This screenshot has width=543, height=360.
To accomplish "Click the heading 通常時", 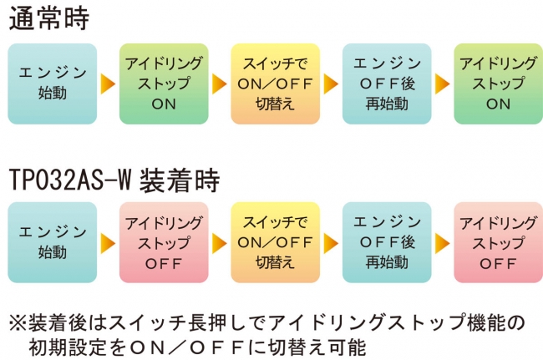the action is (x=49, y=18).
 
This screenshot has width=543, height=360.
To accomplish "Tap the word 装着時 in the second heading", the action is (x=180, y=180).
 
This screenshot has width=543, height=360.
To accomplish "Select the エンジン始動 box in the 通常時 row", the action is (x=53, y=84).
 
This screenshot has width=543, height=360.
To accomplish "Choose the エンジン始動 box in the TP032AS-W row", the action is (x=53, y=242).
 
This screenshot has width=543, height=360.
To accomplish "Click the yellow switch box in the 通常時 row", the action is (x=276, y=84).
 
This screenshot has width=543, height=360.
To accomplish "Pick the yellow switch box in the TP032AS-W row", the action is (x=276, y=242).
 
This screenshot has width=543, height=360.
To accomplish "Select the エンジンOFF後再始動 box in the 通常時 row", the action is (x=387, y=84).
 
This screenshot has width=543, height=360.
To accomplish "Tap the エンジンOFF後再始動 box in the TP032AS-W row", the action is (x=387, y=242).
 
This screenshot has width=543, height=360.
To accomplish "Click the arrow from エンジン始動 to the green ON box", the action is (x=108, y=84).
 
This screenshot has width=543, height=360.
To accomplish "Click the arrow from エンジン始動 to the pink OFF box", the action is (x=108, y=243).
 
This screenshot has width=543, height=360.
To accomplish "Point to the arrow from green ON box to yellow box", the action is (x=219, y=84).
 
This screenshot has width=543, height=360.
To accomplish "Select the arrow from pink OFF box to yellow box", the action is (x=219, y=243).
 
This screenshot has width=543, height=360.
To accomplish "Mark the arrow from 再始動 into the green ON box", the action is (x=442, y=84).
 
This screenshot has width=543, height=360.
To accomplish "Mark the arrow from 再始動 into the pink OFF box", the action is (x=442, y=243).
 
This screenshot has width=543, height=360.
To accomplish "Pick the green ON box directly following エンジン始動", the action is (x=164, y=84).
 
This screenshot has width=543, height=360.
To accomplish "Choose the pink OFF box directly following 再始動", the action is (x=499, y=242).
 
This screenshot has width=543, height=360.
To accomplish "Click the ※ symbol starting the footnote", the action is (x=18, y=323).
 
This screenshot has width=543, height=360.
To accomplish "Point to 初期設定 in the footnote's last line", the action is (x=68, y=347).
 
